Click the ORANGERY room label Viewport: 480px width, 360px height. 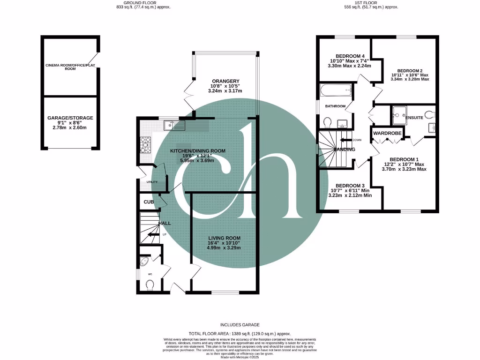[225, 81]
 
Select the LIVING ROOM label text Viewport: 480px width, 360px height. [224, 238]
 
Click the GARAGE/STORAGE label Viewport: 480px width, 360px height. [70, 118]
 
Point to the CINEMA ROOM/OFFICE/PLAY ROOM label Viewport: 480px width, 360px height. [70, 67]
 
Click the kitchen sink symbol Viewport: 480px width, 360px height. [174, 125]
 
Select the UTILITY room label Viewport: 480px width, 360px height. [151, 181]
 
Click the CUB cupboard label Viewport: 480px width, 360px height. [149, 202]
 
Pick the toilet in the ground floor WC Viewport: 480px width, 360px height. [150, 285]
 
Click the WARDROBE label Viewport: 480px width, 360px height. [388, 134]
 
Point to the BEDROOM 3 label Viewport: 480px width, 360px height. [350, 185]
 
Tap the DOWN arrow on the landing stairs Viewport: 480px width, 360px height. [347, 140]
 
